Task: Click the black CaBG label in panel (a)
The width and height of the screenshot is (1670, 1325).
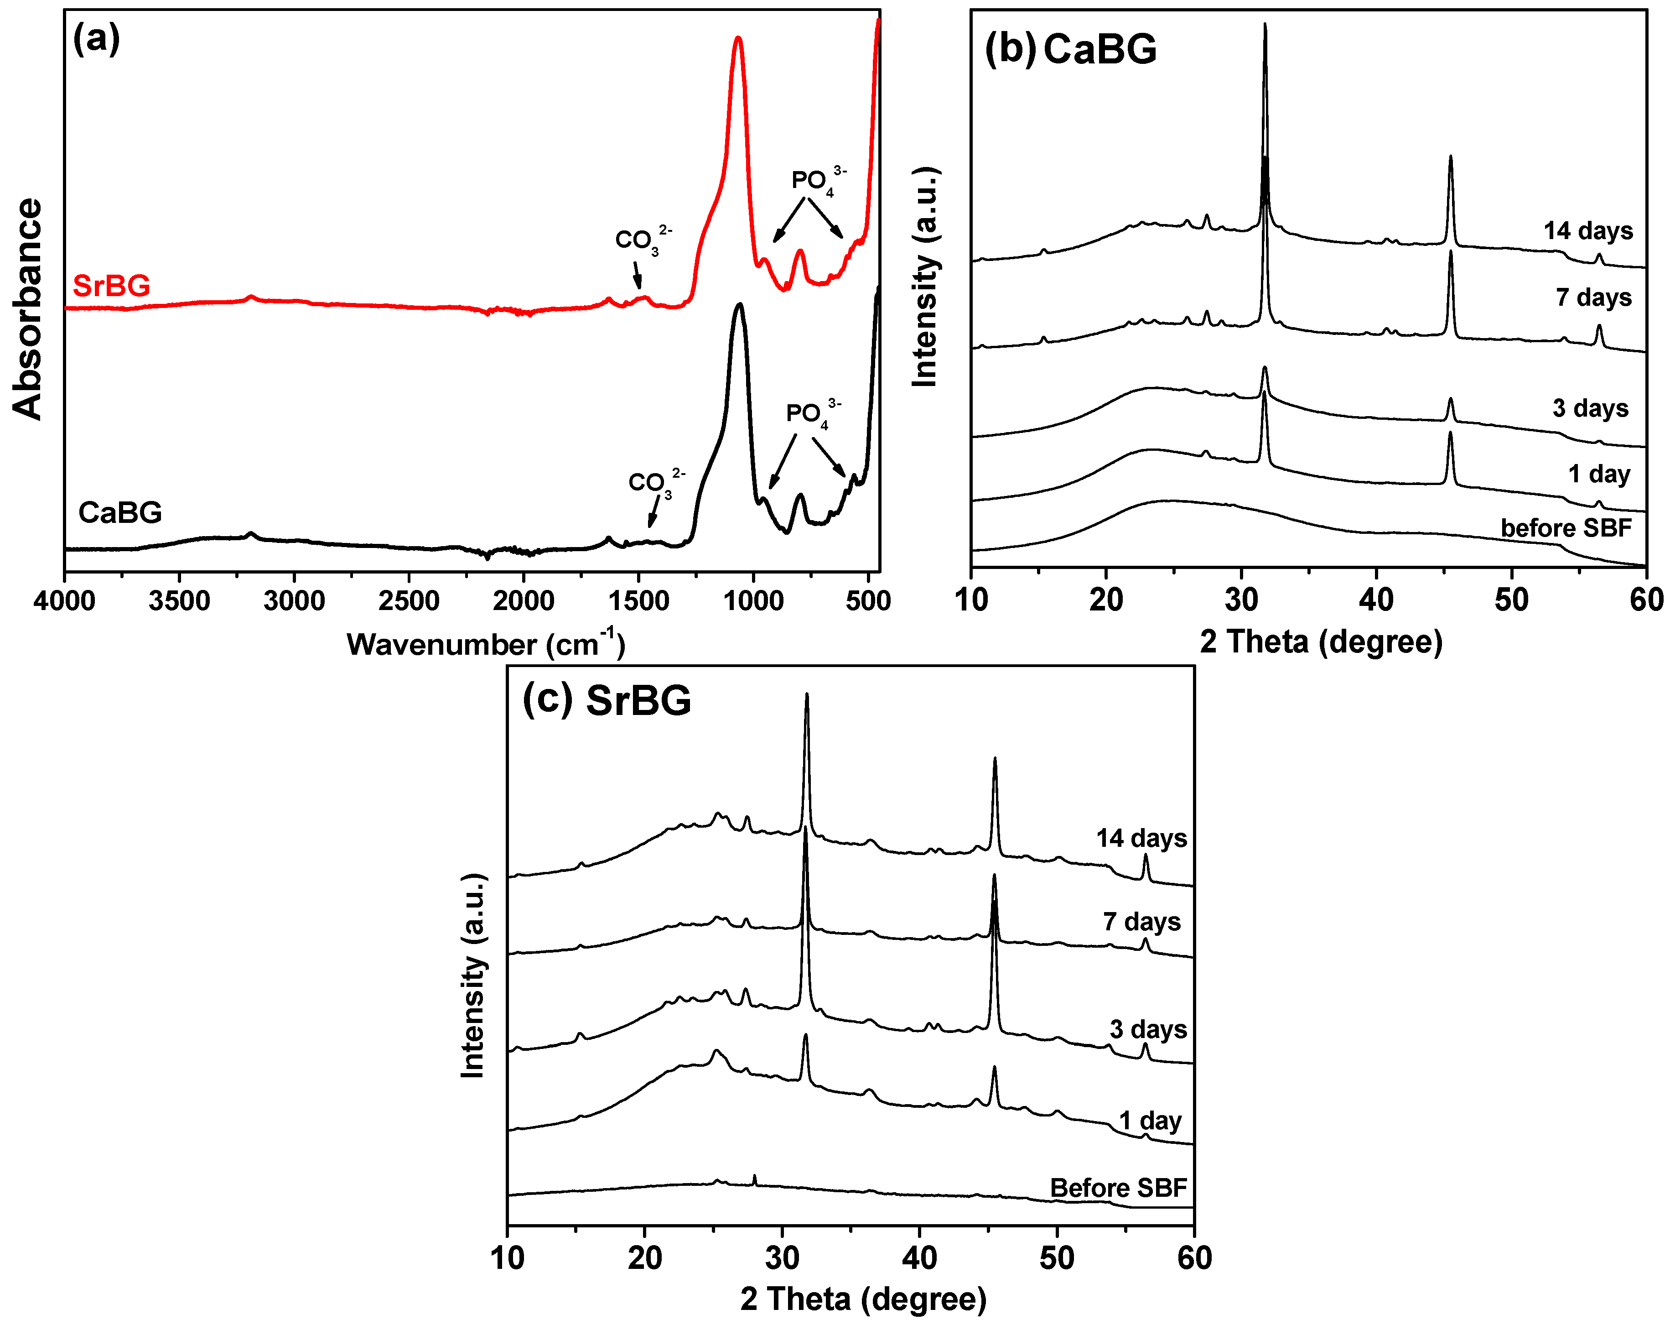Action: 120,512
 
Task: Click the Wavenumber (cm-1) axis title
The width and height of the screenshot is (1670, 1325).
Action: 486,643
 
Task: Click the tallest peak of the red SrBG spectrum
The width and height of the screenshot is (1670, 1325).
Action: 737,39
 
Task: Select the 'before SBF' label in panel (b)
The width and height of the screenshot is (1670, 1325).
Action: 1566,528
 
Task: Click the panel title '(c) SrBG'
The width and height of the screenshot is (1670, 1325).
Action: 607,700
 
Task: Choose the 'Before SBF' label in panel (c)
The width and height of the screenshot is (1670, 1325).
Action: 1118,1188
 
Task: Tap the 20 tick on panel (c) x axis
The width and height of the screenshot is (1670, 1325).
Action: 644,1257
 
